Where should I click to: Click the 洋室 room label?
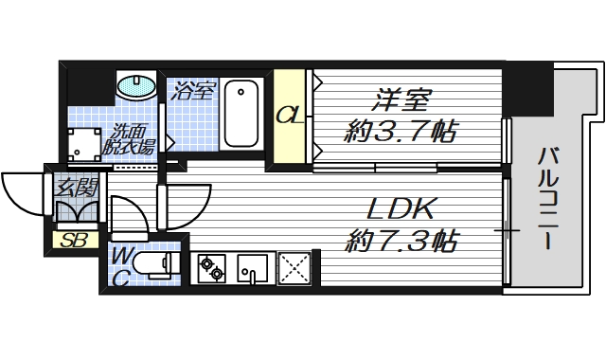pos(403,98)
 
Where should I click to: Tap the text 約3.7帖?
pos(401,132)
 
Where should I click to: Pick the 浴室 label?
pos(195,91)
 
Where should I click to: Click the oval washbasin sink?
pos(137,86)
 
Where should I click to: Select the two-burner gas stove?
pos(211,267)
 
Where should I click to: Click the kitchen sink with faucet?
pos(254,267)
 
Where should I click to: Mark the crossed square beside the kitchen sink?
pos(295,267)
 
